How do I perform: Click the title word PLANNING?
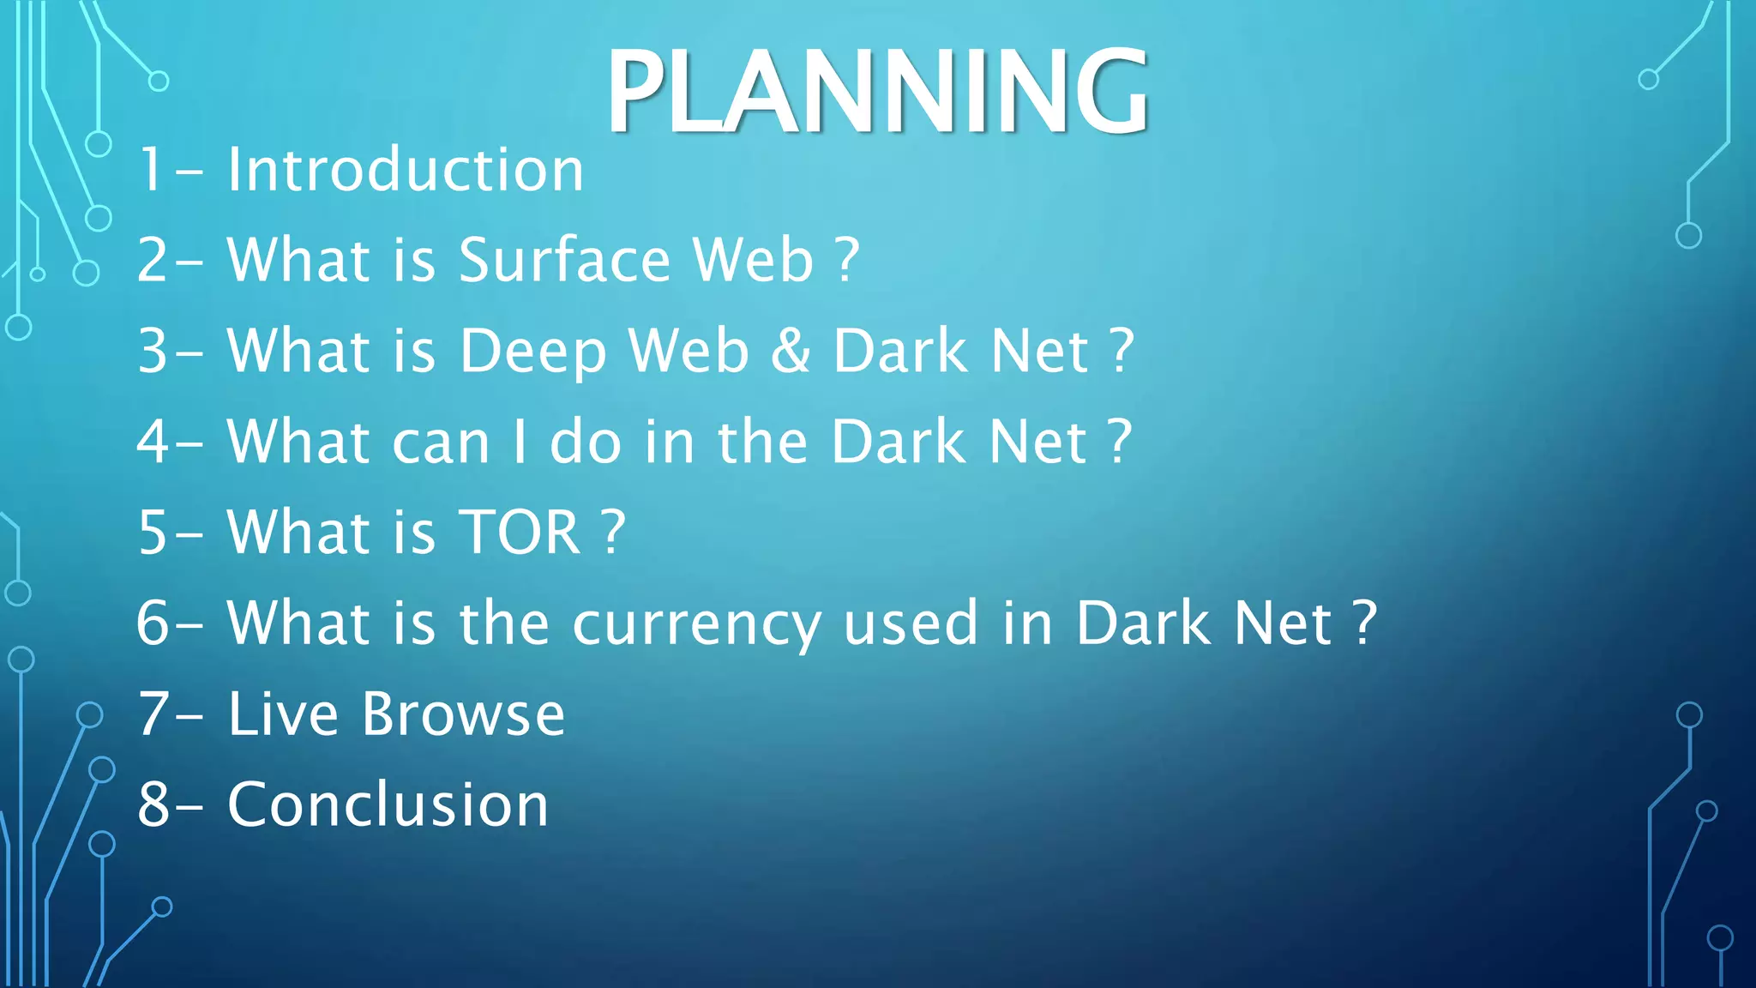876,92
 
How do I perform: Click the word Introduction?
406,170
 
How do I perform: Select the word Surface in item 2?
564,260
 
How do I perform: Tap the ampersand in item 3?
791,351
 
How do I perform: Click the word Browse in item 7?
463,714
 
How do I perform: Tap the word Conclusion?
388,805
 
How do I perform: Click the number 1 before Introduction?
151,170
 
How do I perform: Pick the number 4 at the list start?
153,443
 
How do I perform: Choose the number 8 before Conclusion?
153,805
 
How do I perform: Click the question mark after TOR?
613,533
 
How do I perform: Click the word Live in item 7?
283,714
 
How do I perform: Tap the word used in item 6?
911,624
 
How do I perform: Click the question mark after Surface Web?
846,260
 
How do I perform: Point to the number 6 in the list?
153,624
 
